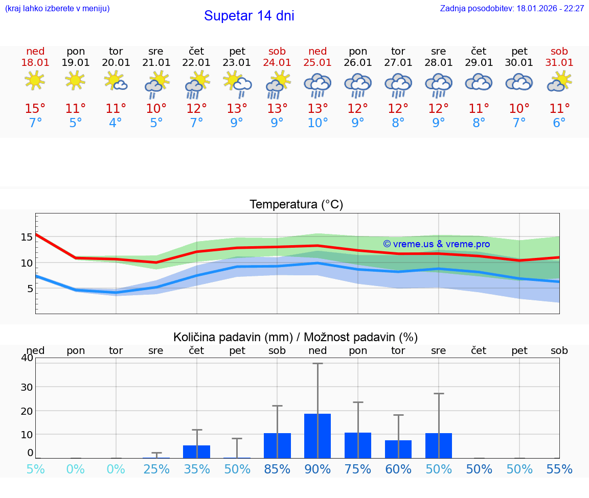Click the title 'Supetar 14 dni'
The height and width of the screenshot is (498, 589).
coord(249,16)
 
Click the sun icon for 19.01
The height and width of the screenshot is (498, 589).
coord(75,80)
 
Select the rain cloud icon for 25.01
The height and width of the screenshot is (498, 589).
coord(318,84)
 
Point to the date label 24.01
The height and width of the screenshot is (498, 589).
coord(277,63)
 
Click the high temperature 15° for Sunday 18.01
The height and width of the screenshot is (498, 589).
coord(35,109)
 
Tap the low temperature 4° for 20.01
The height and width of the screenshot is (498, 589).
coord(116,123)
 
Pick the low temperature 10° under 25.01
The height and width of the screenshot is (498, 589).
coord(318,123)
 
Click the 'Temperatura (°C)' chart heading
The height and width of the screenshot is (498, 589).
coord(296,205)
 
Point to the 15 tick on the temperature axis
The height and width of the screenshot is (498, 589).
coord(27,237)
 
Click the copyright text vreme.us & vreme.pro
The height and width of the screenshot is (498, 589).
coord(436,244)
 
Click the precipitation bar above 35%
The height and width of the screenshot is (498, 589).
coord(197,452)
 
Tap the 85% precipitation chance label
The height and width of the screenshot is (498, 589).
coord(277,469)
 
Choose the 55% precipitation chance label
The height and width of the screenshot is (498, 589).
coord(559,469)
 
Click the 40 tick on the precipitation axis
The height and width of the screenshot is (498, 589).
coord(27,358)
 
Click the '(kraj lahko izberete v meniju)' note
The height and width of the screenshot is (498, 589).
coord(57,9)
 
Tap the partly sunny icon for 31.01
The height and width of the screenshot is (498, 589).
coord(559,82)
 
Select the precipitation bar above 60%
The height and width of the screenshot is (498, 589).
coord(398,449)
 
